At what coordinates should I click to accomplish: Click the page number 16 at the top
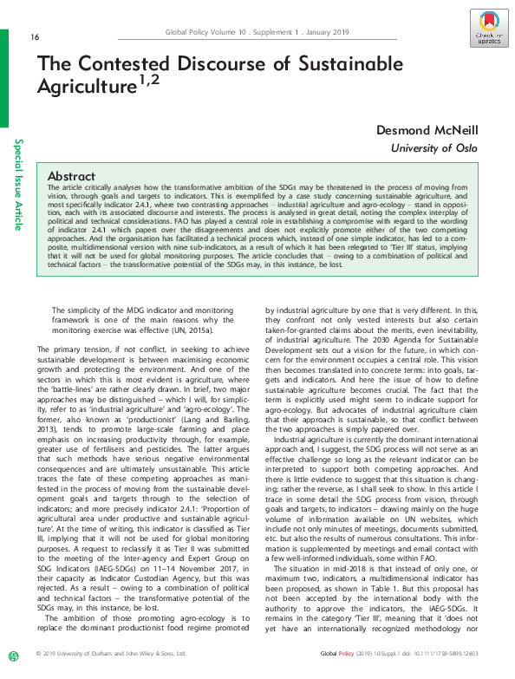tap(35, 36)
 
